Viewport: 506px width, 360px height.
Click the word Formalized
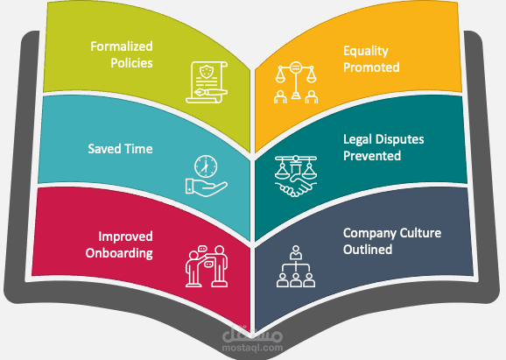pos(122,46)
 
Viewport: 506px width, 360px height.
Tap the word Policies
pos(131,63)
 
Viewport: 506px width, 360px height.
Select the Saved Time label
pos(120,149)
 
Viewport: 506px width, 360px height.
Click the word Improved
pos(125,236)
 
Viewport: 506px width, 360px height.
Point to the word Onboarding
pos(119,253)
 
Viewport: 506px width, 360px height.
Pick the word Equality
pos(366,51)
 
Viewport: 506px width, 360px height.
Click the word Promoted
pos(371,67)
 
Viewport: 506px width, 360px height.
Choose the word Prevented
pos(372,156)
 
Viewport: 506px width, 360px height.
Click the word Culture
pos(420,233)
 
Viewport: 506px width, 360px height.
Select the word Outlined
pos(368,250)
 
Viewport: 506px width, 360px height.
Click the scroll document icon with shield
pos(207,82)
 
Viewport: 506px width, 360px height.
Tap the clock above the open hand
pos(206,166)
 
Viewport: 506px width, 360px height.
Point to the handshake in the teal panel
pos(296,187)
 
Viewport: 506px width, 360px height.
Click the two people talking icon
pos(207,266)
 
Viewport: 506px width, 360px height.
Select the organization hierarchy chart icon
pos(296,266)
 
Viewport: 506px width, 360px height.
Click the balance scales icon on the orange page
pos(296,82)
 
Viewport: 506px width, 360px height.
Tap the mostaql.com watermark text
pos(252,348)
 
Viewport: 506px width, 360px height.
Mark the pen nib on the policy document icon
pos(200,93)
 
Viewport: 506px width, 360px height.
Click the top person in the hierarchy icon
pos(296,252)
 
